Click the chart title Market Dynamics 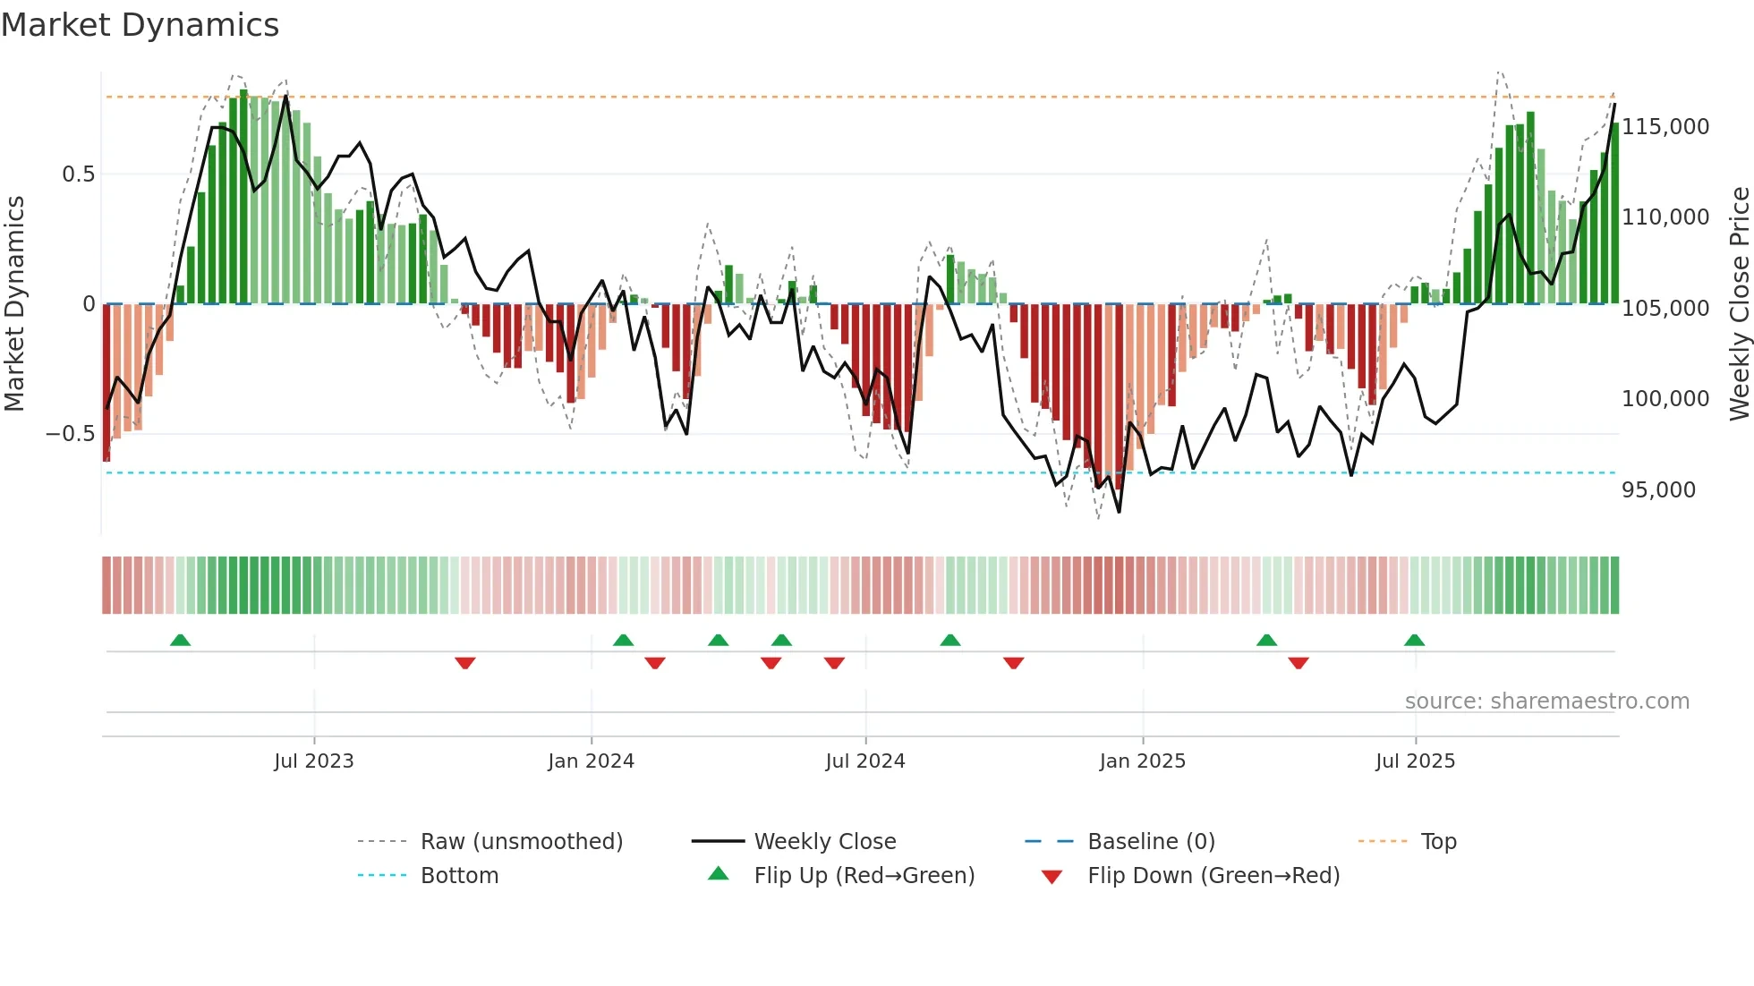pos(140,25)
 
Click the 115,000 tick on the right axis pos(1665,127)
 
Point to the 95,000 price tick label pos(1658,490)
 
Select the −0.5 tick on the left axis pos(70,434)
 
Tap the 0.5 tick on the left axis pos(78,174)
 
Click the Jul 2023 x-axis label pos(314,761)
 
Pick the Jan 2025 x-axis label pos(1142,761)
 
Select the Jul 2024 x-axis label pos(864,761)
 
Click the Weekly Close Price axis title pos(1739,303)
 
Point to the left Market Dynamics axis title pos(14,303)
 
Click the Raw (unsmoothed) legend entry pos(521,842)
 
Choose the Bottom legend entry pos(459,876)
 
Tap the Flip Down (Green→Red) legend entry pos(1213,876)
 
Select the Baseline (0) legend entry pos(1151,842)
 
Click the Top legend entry pos(1438,842)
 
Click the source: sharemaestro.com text pos(1546,701)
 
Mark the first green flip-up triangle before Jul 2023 pos(180,640)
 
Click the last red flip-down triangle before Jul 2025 pos(1298,663)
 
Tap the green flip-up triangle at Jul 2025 pos(1414,640)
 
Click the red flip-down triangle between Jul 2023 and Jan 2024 pos(464,663)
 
